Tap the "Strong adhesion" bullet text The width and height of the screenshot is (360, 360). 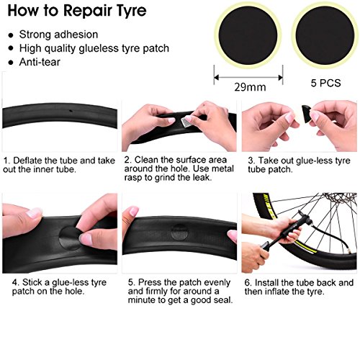click(x=58, y=34)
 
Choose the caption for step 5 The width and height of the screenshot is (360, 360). click(x=179, y=292)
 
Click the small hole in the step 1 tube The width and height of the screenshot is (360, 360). click(x=70, y=112)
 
